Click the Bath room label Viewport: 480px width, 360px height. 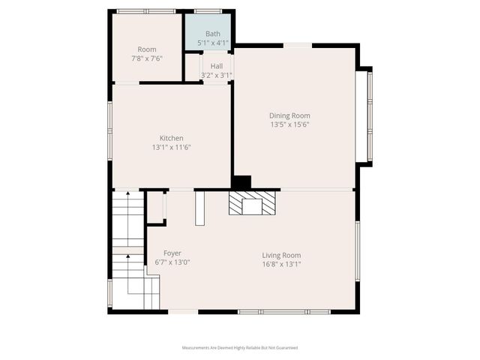pyautogui.click(x=213, y=34)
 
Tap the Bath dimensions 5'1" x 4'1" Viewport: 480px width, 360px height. pyautogui.click(x=213, y=43)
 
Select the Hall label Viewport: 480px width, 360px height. pyautogui.click(x=216, y=66)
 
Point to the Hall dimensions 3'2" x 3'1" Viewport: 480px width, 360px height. pyautogui.click(x=216, y=75)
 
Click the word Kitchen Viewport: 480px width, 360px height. pyautogui.click(x=171, y=138)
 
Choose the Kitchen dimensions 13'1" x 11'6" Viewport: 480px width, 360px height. pyautogui.click(x=171, y=147)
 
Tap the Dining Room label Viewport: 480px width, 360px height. pyautogui.click(x=289, y=115)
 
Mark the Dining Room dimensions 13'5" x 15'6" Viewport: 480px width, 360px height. pyautogui.click(x=289, y=124)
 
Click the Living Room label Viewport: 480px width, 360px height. pyautogui.click(x=281, y=255)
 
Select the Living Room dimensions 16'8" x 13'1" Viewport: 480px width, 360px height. pyautogui.click(x=281, y=264)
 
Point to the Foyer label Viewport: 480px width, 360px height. pyautogui.click(x=172, y=253)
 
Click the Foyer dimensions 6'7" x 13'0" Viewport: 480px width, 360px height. pyautogui.click(x=172, y=262)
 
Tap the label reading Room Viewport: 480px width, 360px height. pyautogui.click(x=146, y=49)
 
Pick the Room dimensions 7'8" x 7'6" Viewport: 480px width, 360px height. pyautogui.click(x=146, y=58)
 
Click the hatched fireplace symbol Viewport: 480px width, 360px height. pyautogui.click(x=251, y=204)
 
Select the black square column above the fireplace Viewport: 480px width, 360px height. pyautogui.click(x=241, y=182)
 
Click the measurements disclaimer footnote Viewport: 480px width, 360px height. pyautogui.click(x=240, y=348)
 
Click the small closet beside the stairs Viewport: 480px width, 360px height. pyautogui.click(x=155, y=208)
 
